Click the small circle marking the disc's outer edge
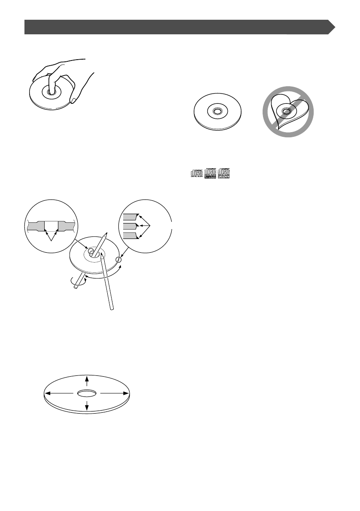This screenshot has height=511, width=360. pyautogui.click(x=119, y=260)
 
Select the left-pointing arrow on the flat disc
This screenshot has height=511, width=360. pyautogui.click(x=48, y=393)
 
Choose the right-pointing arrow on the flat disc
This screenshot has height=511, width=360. pyautogui.click(x=126, y=393)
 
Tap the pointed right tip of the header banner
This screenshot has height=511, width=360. pyautogui.click(x=334, y=27)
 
